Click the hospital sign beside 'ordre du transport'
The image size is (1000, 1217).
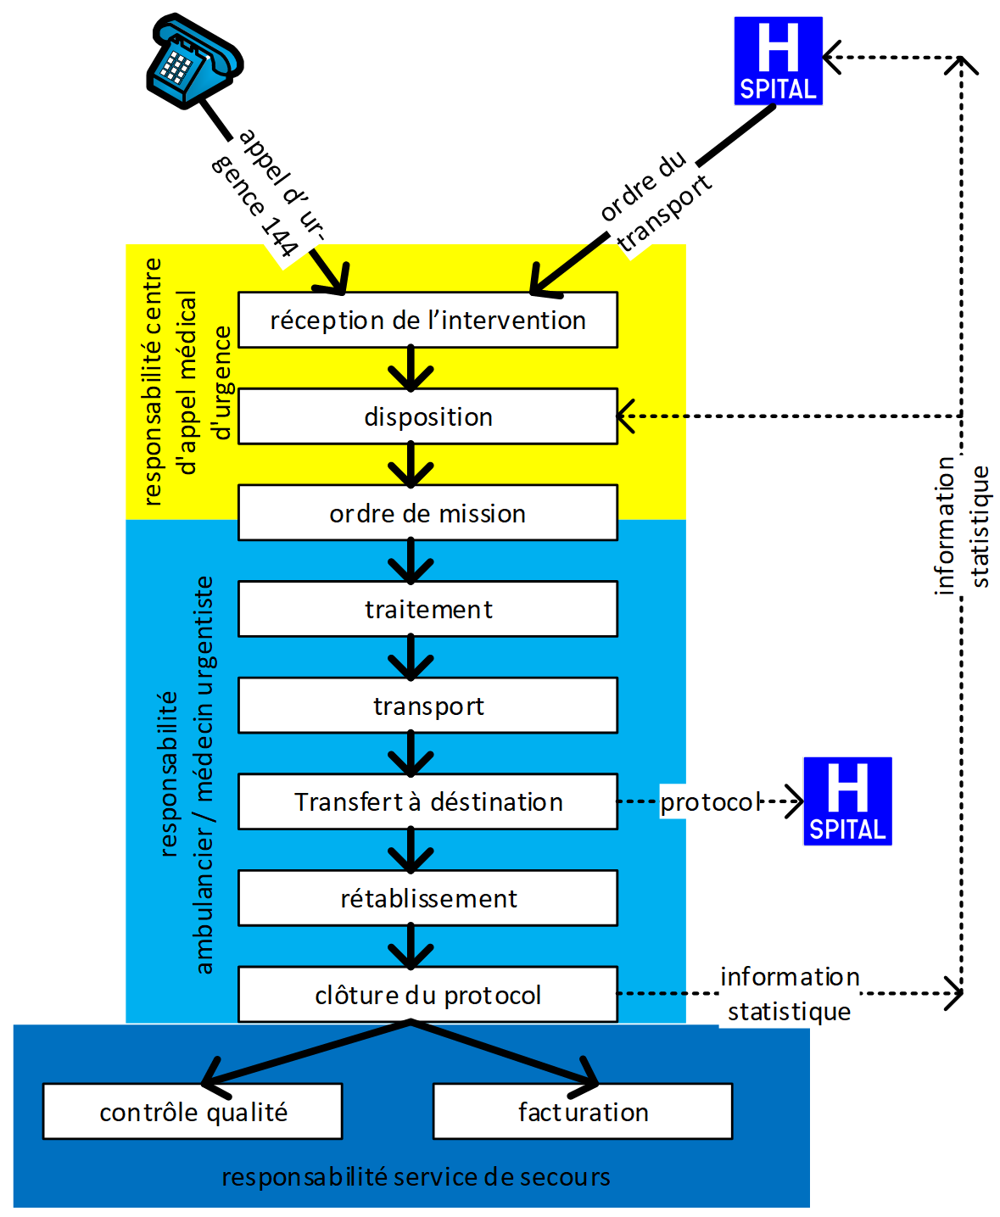pos(778,61)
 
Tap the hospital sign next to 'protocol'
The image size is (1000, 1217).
pos(847,801)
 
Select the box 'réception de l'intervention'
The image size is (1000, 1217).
pos(427,320)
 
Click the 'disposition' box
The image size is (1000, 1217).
pos(427,416)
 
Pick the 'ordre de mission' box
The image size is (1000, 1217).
pos(427,513)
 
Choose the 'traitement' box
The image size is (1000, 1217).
pos(427,609)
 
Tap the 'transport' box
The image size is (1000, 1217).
pos(427,706)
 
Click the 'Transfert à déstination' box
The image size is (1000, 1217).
pos(427,801)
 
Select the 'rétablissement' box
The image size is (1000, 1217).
pos(427,898)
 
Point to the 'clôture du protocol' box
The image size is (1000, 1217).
pos(427,994)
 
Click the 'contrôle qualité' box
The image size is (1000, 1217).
pos(193,1112)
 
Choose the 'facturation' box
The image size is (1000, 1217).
pos(583,1112)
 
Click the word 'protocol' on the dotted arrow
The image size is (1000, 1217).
pos(711,801)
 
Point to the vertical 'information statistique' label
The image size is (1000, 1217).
pos(962,526)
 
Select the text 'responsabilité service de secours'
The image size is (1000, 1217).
pos(416,1177)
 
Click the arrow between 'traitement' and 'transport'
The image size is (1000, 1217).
pos(411,657)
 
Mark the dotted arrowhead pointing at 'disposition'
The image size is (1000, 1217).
pos(626,416)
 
